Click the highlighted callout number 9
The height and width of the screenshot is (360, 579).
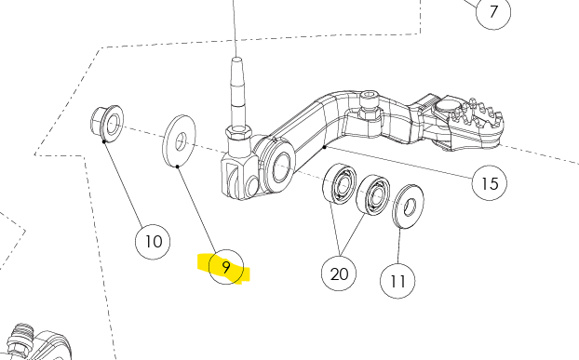click(226, 267)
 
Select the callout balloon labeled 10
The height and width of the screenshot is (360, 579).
click(153, 242)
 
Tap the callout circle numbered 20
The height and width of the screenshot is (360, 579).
click(339, 273)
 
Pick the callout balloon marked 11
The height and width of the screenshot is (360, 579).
click(397, 281)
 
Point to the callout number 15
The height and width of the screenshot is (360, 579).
click(490, 183)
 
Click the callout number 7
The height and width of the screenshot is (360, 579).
click(493, 12)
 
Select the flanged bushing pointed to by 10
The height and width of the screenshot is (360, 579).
click(107, 123)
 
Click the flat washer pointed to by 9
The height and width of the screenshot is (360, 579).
click(179, 140)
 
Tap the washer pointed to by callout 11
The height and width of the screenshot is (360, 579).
click(408, 207)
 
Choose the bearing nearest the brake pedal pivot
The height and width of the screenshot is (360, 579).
click(340, 183)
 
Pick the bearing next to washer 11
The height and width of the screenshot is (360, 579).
click(373, 195)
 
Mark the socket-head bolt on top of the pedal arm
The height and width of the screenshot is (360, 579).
click(370, 105)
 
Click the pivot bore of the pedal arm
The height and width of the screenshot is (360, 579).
click(281, 167)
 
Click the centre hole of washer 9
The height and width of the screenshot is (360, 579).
click(181, 142)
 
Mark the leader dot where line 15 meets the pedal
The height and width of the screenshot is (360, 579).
click(325, 147)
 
